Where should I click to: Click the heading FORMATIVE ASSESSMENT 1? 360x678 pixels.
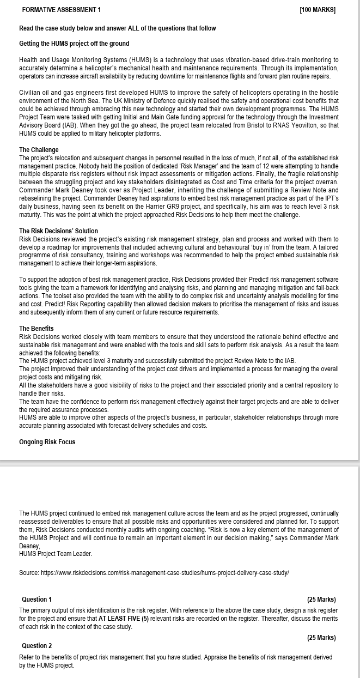pos(61,10)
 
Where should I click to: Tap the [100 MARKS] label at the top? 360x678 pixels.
pos(318,10)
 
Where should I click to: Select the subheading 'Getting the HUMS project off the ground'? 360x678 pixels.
pos(74,44)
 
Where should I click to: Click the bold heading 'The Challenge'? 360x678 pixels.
pos(39,150)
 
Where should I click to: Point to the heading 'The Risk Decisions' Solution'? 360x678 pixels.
pos(58,231)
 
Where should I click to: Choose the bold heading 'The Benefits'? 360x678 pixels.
pos(36,329)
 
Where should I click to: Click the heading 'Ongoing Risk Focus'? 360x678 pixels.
pos(47,442)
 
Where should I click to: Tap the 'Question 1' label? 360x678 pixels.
pos(36,600)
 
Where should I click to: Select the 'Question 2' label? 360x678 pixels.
pos(36,646)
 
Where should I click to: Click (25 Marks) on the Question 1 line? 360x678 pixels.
pos(321,600)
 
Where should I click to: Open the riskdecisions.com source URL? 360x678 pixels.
pos(164,573)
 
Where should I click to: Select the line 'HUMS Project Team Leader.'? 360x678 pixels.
pos(56,554)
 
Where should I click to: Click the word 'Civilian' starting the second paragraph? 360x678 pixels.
pos(30,93)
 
